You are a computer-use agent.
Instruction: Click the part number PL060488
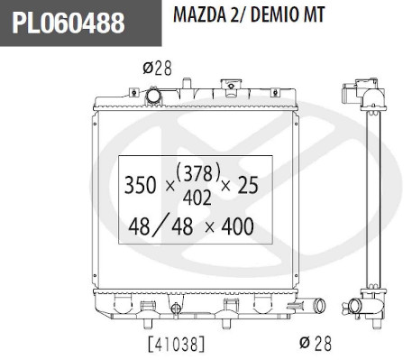click(x=69, y=23)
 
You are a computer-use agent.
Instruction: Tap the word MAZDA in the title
click(x=199, y=14)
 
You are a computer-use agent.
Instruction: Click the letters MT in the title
click(x=314, y=14)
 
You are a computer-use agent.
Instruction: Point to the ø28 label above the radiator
click(x=157, y=68)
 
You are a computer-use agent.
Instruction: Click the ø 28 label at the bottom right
click(x=316, y=343)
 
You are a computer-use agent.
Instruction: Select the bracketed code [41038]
click(x=177, y=344)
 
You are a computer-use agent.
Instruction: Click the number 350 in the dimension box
click(x=140, y=185)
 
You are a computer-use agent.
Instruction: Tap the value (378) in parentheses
click(x=198, y=173)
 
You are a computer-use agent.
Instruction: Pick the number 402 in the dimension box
click(x=197, y=198)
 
